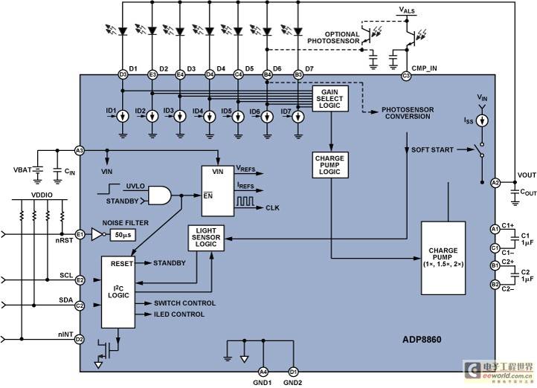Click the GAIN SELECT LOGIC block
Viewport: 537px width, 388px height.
(330, 99)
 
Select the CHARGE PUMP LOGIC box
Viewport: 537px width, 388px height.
(330, 165)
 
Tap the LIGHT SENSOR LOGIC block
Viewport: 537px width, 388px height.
(206, 238)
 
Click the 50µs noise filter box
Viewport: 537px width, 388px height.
(123, 235)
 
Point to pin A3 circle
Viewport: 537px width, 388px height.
(79, 150)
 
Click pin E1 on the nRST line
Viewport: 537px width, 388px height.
(80, 235)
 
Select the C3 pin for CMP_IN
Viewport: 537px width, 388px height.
(406, 75)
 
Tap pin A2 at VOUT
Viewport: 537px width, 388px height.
(495, 183)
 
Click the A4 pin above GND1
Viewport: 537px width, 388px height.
(263, 372)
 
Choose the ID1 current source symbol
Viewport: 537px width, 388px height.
(123, 117)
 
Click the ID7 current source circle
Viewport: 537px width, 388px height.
(298, 117)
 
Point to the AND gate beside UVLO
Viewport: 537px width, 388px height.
(159, 195)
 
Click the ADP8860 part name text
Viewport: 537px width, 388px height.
(422, 340)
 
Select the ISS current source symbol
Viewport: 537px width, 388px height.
(482, 120)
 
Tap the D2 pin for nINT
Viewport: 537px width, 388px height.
(80, 340)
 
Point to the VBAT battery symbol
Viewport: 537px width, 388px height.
(37, 170)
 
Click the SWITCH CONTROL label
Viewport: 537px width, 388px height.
(184, 303)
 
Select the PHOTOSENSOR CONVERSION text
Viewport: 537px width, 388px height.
(408, 113)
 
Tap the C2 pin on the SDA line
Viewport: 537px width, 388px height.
(80, 305)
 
